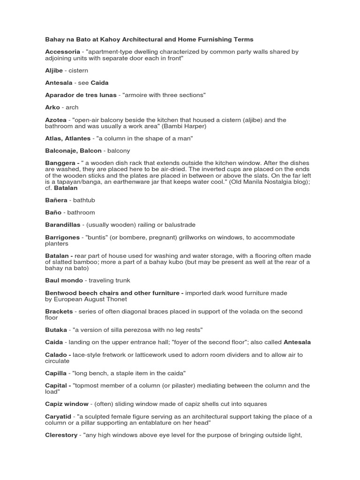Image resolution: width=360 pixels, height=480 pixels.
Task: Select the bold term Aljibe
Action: click(x=54, y=70)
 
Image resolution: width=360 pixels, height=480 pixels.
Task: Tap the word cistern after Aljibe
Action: click(x=78, y=70)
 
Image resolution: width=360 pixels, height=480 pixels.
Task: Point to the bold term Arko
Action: click(x=52, y=107)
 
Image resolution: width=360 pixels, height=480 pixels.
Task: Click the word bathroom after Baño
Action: click(x=82, y=212)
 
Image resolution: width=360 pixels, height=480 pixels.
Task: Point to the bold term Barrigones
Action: click(x=63, y=237)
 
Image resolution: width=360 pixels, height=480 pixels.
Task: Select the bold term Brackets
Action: click(x=59, y=311)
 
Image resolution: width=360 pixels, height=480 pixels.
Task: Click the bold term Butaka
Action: click(x=56, y=330)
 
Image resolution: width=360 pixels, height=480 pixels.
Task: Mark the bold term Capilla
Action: click(x=56, y=373)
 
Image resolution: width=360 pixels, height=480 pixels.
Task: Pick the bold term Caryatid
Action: click(x=58, y=416)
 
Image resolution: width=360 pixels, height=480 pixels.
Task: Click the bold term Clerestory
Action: click(x=61, y=435)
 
